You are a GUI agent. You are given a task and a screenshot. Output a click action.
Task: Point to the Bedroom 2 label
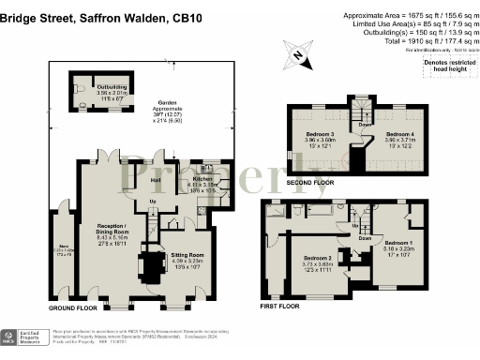click(318, 258)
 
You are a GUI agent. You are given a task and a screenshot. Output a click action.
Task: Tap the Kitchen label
click(203, 178)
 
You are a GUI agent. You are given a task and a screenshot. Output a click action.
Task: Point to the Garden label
click(168, 103)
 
